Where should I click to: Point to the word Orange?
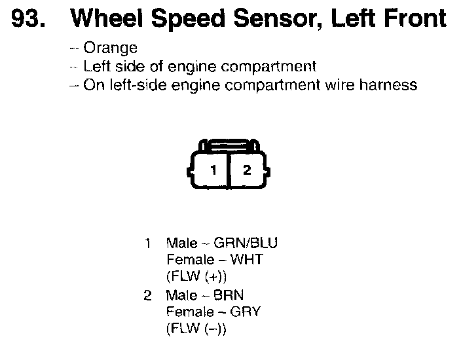click(111, 48)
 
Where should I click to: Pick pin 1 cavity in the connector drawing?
click(212, 171)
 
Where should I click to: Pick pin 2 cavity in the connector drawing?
click(247, 171)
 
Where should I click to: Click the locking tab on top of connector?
click(229, 144)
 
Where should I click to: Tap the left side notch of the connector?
click(191, 171)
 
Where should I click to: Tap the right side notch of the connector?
click(268, 171)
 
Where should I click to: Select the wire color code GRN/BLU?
click(251, 243)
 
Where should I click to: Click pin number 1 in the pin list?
click(148, 243)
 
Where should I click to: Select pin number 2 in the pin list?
click(148, 295)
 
